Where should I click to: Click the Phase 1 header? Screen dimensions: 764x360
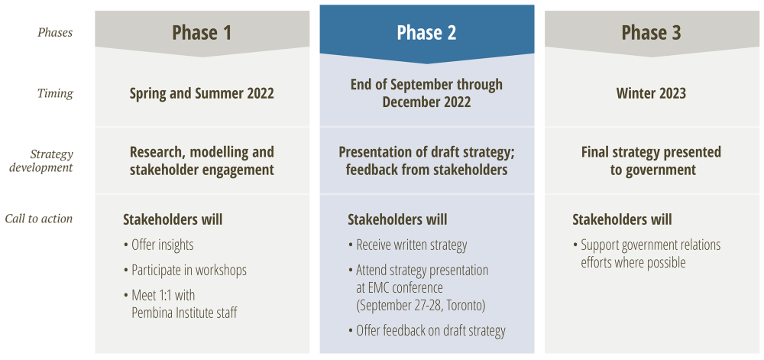pos(202,33)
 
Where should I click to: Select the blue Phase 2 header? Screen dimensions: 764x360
pos(427,33)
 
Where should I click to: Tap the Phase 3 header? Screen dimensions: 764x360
pos(651,33)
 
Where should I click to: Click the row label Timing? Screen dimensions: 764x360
pos(55,93)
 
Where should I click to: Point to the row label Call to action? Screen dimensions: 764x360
pos(39,219)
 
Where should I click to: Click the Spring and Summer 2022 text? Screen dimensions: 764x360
pos(202,93)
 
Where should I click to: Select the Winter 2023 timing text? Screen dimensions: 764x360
pos(651,93)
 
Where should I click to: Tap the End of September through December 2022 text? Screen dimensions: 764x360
pos(427,93)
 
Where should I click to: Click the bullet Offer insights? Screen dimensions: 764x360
pos(158,245)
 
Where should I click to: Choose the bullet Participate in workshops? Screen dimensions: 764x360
pos(185,271)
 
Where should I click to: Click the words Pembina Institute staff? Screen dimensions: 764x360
pos(184,313)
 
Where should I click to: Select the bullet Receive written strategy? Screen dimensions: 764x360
pos(407,245)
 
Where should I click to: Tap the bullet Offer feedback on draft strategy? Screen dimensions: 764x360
pos(427,331)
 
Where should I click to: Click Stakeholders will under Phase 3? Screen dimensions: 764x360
pos(622,219)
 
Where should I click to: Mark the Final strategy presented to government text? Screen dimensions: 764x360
pos(651,161)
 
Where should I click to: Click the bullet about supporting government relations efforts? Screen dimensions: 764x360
pos(646,254)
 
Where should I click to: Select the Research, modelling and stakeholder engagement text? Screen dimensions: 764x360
pos(202,161)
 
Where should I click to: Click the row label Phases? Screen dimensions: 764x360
pos(55,33)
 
